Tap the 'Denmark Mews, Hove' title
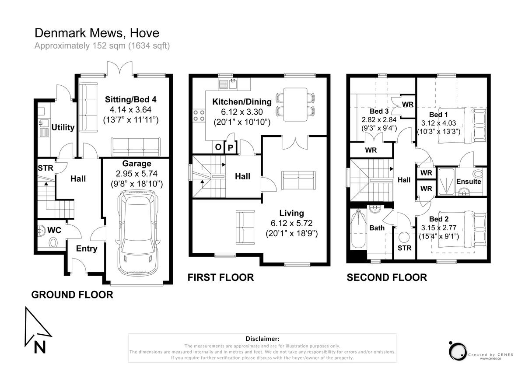point(97,33)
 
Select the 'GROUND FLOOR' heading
point(72,295)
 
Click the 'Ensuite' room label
point(469,181)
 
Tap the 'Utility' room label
point(63,127)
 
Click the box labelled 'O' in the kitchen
point(218,147)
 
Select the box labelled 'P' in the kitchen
point(231,147)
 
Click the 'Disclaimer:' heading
point(262,339)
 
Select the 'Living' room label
point(291,213)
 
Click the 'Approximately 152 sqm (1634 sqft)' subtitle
point(102,45)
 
